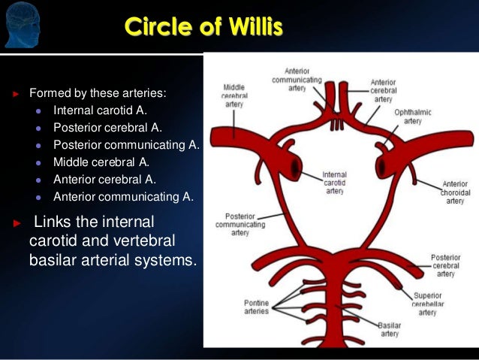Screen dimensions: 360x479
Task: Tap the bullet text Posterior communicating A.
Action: point(126,144)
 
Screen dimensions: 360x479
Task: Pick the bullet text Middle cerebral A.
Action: point(101,162)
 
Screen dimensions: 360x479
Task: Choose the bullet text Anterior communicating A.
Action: point(123,197)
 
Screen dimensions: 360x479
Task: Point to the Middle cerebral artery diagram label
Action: point(234,96)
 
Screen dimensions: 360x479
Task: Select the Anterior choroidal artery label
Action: point(455,192)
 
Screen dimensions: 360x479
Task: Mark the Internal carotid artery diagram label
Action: point(334,183)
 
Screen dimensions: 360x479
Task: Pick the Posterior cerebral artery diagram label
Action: point(446,265)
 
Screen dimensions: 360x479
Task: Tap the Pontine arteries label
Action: point(256,307)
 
